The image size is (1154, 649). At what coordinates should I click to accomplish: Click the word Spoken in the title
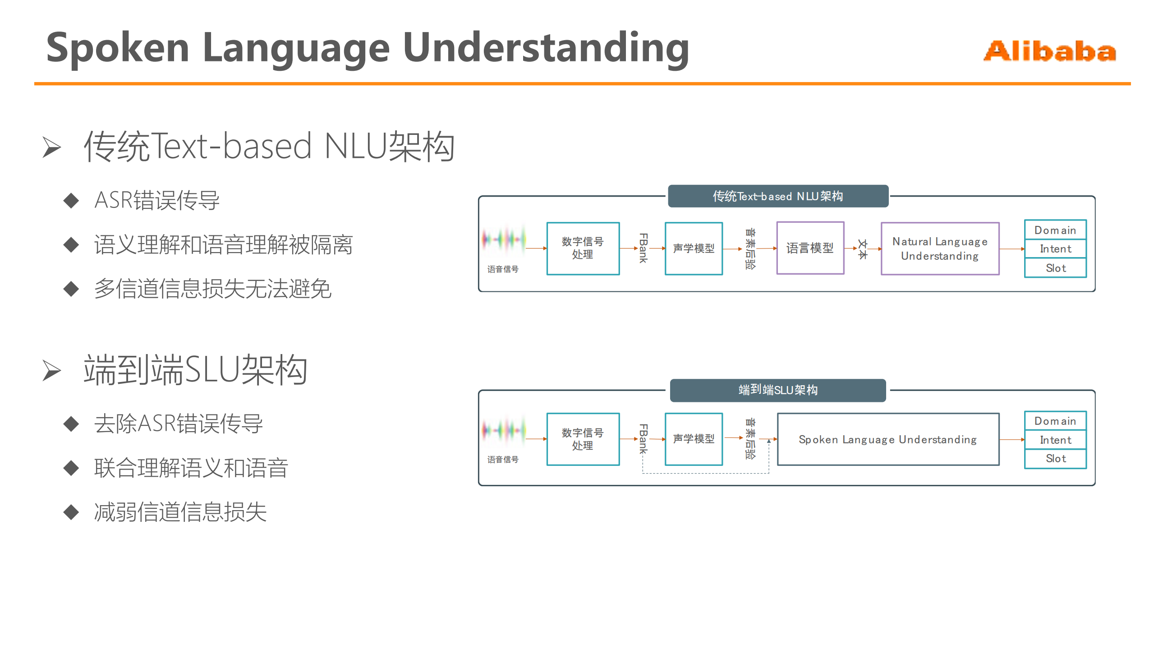tap(117, 48)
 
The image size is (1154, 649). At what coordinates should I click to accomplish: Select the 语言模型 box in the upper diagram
tap(810, 248)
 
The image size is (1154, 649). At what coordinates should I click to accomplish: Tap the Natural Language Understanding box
tap(940, 249)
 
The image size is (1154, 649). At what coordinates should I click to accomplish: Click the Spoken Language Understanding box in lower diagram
tap(887, 439)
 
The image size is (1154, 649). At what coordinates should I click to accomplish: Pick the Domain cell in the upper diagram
tap(1055, 230)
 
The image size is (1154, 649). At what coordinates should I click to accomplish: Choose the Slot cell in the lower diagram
tap(1055, 459)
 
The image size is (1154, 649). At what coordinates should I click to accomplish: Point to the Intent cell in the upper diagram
tap(1055, 249)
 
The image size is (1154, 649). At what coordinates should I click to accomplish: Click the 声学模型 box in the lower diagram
tap(694, 439)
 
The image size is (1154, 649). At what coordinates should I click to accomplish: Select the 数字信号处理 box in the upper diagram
tap(583, 248)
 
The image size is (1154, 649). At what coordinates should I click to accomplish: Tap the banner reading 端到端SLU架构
tap(777, 390)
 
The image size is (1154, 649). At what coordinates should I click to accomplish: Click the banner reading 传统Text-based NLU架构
tap(777, 196)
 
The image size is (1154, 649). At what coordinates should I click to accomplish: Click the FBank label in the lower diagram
tap(644, 439)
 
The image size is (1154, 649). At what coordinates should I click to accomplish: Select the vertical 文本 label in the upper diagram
tap(862, 249)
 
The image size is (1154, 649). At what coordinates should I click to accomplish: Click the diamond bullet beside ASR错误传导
tap(71, 200)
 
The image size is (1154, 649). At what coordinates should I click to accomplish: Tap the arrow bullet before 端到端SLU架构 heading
tap(51, 370)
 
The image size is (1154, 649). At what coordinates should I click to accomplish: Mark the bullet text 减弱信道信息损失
tap(180, 512)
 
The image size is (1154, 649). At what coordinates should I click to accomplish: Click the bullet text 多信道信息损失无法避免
tap(213, 289)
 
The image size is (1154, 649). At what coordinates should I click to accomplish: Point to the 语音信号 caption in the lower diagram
tap(503, 460)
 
